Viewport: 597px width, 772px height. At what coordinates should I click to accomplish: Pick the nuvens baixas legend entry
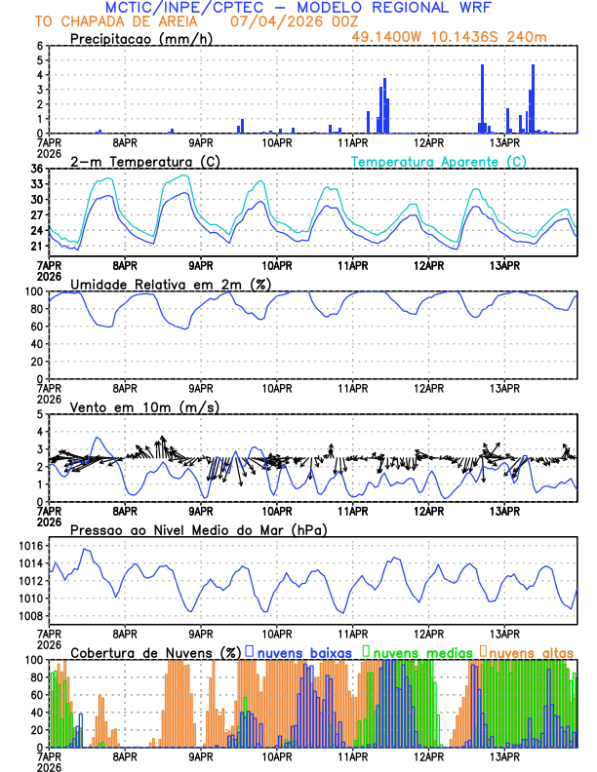[303, 651]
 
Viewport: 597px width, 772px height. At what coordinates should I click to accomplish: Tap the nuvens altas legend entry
[532, 651]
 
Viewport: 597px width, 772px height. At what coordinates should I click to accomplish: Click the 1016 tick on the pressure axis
[28, 546]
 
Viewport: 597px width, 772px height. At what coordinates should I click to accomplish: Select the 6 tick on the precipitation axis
[40, 46]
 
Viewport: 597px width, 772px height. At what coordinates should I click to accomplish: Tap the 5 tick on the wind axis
[40, 414]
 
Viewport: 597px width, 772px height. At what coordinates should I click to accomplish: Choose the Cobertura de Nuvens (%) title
[155, 651]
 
